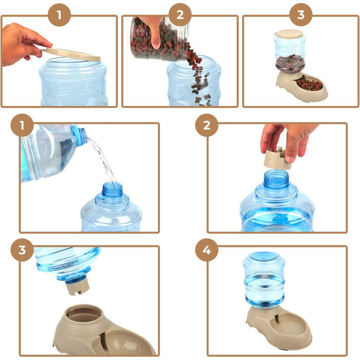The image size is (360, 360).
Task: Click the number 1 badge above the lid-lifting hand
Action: click(59, 15)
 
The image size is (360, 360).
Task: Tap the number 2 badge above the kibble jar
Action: click(180, 15)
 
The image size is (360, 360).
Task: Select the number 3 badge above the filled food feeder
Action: click(301, 15)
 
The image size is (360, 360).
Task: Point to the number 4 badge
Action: click(207, 250)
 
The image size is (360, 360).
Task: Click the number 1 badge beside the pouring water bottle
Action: click(22, 125)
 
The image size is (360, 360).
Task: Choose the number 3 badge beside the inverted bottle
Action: click(22, 250)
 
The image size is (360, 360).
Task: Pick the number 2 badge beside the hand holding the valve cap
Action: click(207, 125)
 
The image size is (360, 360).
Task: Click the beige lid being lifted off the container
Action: click(71, 55)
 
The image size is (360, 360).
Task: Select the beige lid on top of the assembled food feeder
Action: click(289, 34)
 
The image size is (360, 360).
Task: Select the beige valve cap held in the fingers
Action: click(277, 158)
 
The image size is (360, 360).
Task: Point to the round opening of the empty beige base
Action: click(84, 314)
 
